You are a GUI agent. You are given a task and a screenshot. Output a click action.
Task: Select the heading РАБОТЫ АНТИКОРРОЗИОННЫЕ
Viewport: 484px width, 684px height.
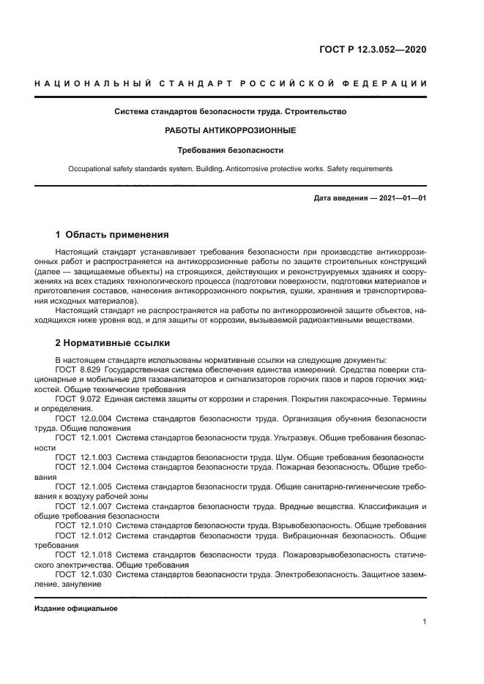(231, 130)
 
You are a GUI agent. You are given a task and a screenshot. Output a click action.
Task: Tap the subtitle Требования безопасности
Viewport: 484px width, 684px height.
(231, 150)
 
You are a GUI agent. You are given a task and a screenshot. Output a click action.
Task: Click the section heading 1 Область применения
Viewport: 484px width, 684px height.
(112, 235)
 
